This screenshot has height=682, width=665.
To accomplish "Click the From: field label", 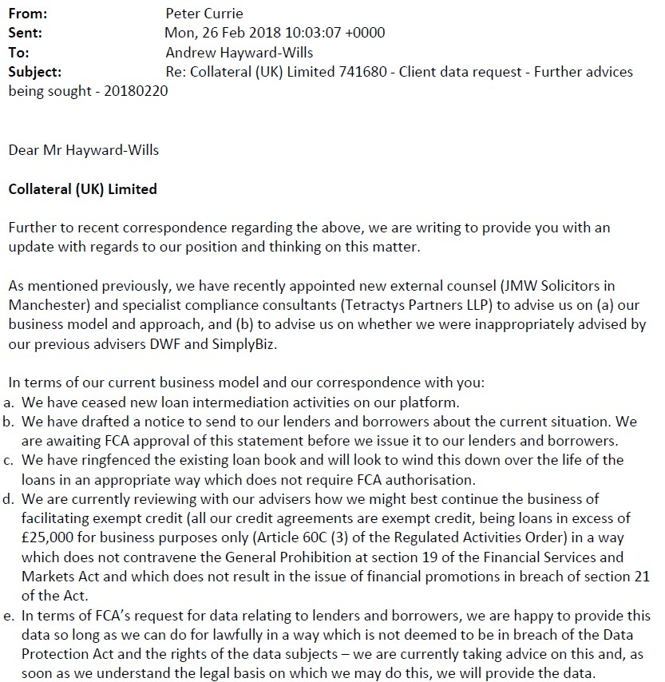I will tap(28, 14).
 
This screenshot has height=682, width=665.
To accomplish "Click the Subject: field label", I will tap(34, 72).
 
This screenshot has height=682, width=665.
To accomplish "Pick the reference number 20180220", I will tap(141, 91).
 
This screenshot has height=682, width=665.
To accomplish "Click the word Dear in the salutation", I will tap(24, 149).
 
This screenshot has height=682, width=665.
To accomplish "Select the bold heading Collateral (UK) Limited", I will tap(82, 189).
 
